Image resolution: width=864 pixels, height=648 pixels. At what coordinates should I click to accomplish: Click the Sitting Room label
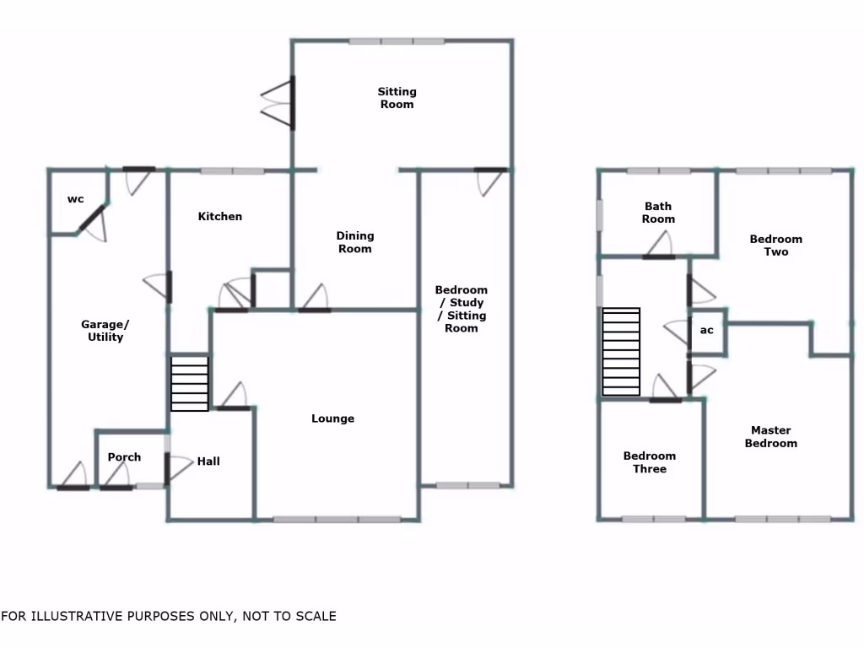pos(397,98)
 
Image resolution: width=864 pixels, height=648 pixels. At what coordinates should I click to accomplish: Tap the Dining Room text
pos(354,242)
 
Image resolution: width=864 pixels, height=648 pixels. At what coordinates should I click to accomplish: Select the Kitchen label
pos(220,217)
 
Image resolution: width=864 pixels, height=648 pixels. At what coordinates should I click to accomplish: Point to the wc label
pos(76,199)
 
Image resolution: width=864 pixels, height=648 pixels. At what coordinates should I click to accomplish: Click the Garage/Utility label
pos(105,331)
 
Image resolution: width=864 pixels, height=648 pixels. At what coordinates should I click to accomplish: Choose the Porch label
pos(124,457)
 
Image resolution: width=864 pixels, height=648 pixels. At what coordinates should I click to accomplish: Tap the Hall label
pos(208,462)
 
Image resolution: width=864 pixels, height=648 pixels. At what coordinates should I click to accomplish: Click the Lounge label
pos(332,418)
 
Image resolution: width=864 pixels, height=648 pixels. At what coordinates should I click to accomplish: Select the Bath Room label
pos(658,213)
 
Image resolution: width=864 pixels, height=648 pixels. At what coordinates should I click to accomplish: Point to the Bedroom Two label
pos(775,246)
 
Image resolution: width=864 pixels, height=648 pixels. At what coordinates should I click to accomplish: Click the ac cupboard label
pos(707,330)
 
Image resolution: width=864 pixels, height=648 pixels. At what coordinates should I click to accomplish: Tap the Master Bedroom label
pos(771,437)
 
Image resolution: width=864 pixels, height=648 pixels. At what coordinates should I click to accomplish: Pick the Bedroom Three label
pos(650,462)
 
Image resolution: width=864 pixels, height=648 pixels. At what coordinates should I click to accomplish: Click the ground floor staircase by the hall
pos(190,383)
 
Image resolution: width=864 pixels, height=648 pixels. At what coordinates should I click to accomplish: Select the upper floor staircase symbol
pos(621,352)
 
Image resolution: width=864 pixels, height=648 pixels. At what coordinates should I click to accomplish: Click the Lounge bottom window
pos(337,519)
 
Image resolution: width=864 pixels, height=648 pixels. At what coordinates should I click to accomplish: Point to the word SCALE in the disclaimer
pos(314,617)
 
